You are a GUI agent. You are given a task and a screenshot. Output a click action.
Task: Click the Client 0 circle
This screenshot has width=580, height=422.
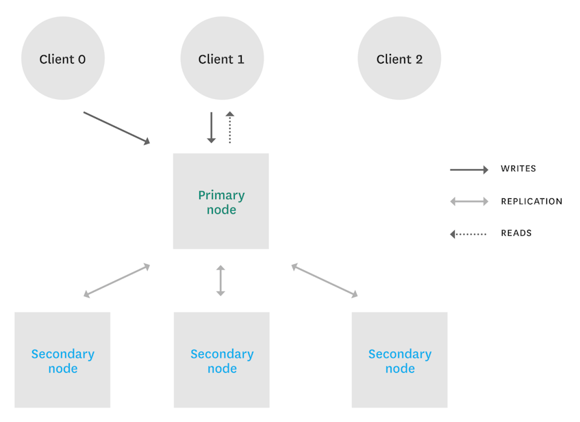(62, 58)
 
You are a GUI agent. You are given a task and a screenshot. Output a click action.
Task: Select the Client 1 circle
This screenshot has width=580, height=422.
(221, 58)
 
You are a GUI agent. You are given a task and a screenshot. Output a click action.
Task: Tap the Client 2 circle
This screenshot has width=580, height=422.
(399, 58)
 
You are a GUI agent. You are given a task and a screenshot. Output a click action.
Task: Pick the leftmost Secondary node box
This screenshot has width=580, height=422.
(62, 360)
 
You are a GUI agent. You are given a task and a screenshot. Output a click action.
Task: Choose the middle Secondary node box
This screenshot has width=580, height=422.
(221, 360)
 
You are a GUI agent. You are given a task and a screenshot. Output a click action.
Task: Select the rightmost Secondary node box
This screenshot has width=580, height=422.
(399, 360)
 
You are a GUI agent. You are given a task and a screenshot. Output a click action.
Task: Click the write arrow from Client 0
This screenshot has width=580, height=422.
(116, 128)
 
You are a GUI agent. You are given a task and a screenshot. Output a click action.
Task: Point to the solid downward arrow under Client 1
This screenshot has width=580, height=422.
(212, 128)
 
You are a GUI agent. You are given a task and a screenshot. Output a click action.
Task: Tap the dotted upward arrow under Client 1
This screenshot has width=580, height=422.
(230, 128)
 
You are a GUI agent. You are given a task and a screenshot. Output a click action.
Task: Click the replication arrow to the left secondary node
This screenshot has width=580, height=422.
(116, 280)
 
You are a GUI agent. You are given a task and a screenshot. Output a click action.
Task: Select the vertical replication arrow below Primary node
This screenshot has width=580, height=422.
(220, 280)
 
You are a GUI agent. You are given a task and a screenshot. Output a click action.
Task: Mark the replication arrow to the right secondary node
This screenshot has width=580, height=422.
(325, 280)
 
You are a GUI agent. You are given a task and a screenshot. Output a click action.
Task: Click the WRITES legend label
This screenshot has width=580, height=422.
(518, 169)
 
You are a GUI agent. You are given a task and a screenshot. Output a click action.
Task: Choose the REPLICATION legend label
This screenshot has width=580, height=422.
(531, 202)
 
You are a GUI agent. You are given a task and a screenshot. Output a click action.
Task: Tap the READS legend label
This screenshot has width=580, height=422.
(516, 233)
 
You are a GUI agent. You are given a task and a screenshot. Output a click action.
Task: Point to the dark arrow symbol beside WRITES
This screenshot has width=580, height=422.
(469, 170)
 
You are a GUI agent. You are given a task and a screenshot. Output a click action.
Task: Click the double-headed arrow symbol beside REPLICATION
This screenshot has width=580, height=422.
(469, 202)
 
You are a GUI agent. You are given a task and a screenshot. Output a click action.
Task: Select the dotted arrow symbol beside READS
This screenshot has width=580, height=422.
(468, 234)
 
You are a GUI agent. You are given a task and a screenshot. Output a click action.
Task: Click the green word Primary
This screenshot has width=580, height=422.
(221, 195)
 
